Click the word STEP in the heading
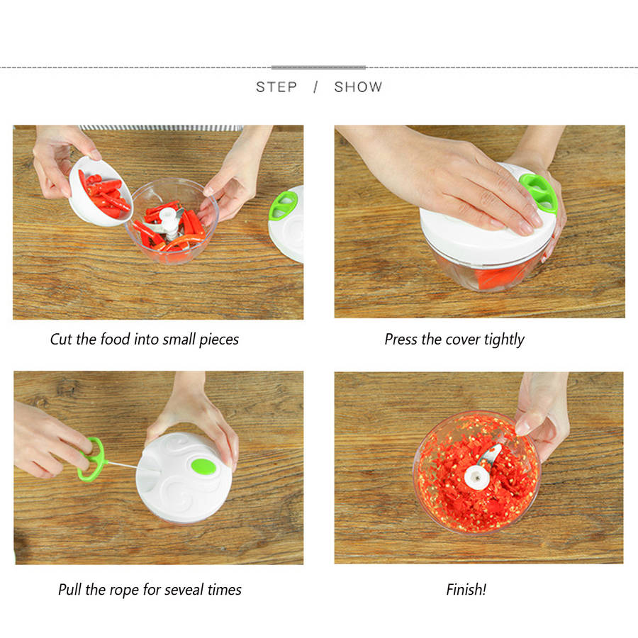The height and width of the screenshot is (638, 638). [276, 86]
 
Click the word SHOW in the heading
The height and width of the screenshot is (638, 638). [358, 86]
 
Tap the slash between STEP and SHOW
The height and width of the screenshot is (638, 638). [315, 86]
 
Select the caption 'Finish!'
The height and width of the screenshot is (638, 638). [466, 589]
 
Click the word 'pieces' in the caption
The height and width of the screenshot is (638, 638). [219, 340]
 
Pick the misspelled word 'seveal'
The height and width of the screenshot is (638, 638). [183, 590]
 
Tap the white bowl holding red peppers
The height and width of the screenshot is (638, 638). [100, 191]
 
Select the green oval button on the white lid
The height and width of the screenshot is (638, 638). [204, 466]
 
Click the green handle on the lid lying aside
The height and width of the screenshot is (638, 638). [284, 206]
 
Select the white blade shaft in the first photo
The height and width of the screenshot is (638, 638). [168, 222]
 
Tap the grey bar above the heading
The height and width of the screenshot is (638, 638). [318, 67]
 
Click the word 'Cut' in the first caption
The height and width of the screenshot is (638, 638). [61, 340]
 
